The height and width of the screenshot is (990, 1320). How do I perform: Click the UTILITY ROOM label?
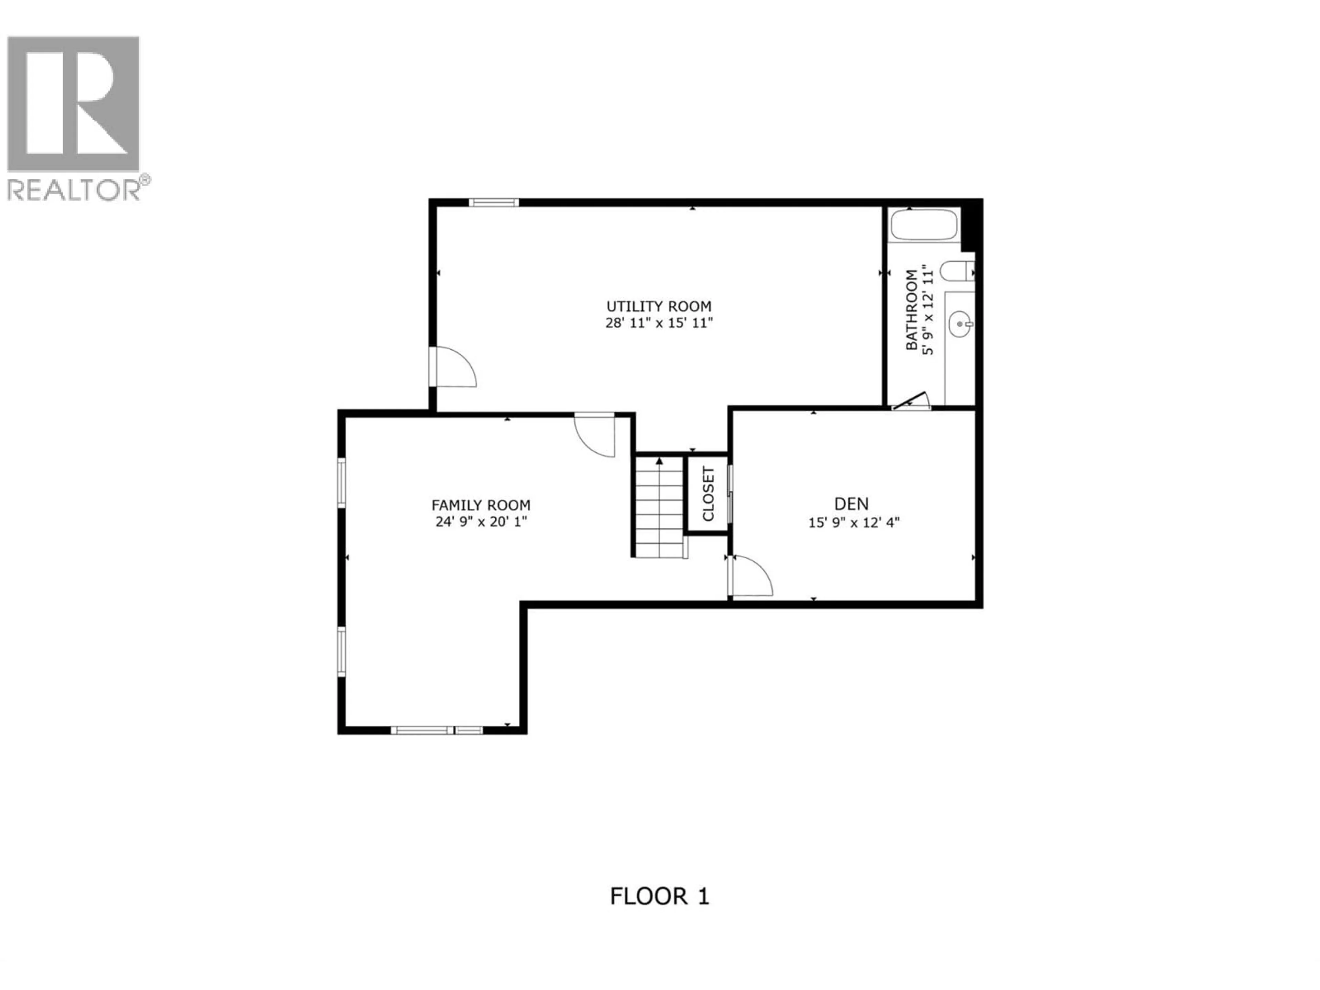659,306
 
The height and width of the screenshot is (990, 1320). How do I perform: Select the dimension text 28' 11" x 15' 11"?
659,323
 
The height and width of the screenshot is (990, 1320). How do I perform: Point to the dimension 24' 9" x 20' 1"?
481,521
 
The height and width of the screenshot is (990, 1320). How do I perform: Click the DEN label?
851,504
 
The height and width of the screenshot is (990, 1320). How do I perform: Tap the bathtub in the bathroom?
924,225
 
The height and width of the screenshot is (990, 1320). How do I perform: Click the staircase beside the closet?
659,507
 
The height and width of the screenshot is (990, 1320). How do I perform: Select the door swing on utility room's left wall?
453,367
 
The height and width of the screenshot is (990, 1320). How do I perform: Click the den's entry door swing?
751,576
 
